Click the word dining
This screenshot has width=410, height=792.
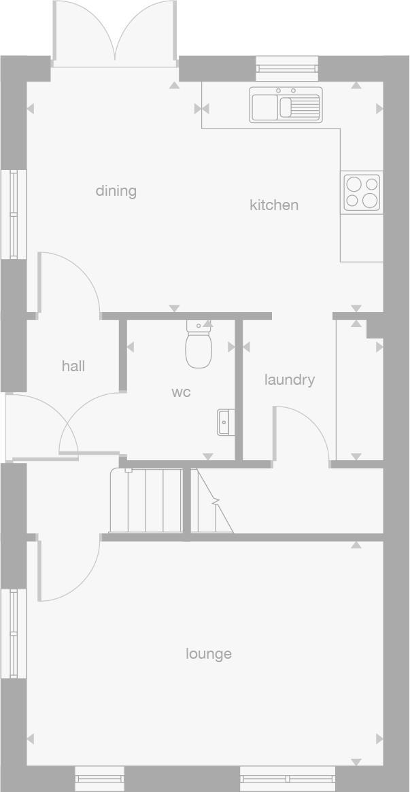(116, 192)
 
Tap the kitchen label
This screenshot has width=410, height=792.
(274, 205)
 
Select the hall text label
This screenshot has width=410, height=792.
(73, 366)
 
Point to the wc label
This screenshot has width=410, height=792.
(181, 392)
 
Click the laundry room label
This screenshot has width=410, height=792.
(290, 380)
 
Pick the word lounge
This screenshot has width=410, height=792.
(209, 654)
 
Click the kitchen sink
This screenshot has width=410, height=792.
(286, 105)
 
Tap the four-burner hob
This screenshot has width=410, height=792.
(362, 192)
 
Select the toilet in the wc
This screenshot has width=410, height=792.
(199, 344)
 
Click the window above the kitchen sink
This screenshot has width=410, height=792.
(288, 69)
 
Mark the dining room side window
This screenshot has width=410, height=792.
(14, 214)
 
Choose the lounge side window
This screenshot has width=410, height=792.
(14, 634)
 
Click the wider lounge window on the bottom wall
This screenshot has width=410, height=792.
(288, 778)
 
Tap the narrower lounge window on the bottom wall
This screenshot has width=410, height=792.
(99, 778)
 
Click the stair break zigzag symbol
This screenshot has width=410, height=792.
(216, 502)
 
